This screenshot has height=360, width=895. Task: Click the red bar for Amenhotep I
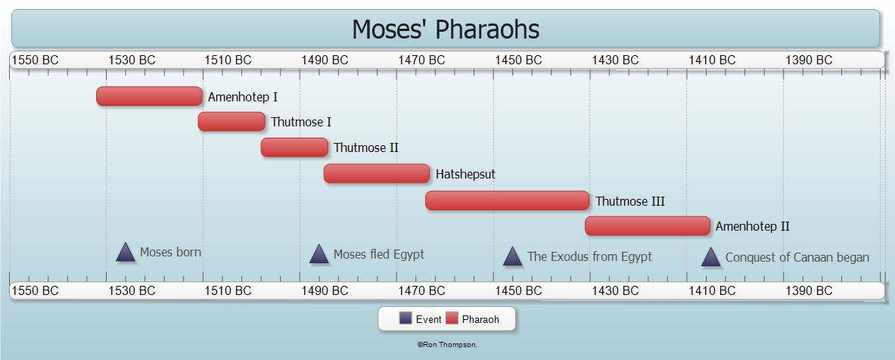[149, 96]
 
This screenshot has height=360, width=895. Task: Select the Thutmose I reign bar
[232, 122]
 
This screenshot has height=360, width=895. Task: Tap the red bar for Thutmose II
[294, 147]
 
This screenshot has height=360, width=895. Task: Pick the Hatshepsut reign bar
[377, 173]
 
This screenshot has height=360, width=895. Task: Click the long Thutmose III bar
[508, 201]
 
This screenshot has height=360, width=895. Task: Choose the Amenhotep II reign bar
[648, 226]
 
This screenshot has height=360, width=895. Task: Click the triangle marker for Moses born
[126, 253]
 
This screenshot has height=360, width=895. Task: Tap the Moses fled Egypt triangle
[319, 254]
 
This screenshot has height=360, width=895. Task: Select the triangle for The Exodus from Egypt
[513, 256]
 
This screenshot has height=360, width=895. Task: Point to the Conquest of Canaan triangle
[710, 257]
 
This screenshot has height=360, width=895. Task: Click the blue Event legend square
[406, 318]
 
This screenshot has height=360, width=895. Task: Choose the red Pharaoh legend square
[452, 318]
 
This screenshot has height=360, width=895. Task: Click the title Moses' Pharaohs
[445, 29]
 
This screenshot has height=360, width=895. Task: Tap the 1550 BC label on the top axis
[36, 60]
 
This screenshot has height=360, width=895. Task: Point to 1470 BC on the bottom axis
[422, 290]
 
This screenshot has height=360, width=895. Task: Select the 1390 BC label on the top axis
[809, 60]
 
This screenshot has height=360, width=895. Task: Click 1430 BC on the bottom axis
[615, 290]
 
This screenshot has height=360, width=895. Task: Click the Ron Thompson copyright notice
[447, 345]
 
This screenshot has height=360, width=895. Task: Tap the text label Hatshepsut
[465, 174]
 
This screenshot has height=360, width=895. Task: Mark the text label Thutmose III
[630, 201]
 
